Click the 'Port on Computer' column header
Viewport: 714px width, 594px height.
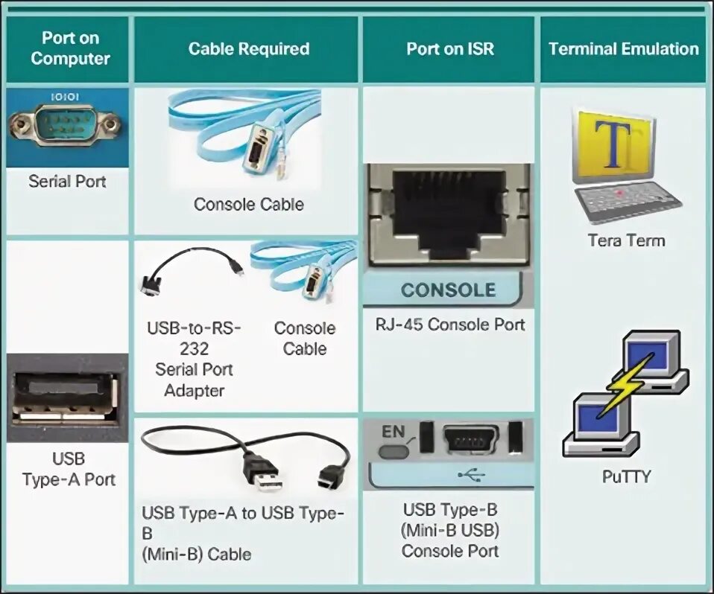click(70, 48)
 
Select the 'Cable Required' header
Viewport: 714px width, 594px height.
click(248, 49)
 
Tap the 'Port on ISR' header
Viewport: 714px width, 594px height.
click(449, 49)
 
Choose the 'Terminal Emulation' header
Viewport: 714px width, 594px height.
click(623, 49)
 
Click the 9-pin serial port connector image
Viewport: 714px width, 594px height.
click(65, 124)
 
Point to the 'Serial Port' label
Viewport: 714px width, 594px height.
click(67, 181)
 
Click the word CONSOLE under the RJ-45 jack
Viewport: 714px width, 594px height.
click(448, 290)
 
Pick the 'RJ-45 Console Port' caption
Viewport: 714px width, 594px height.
click(450, 325)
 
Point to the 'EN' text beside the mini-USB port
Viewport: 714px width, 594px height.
click(392, 431)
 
